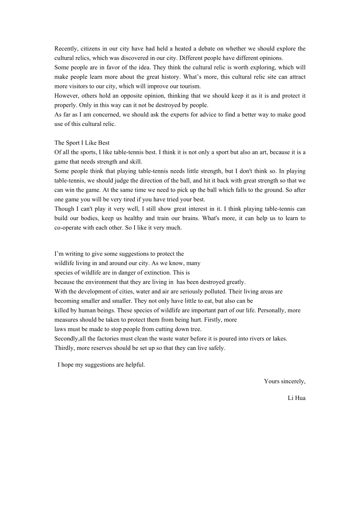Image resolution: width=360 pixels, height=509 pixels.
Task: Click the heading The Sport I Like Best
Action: (82, 143)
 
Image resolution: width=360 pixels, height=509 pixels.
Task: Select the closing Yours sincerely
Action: (284, 381)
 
